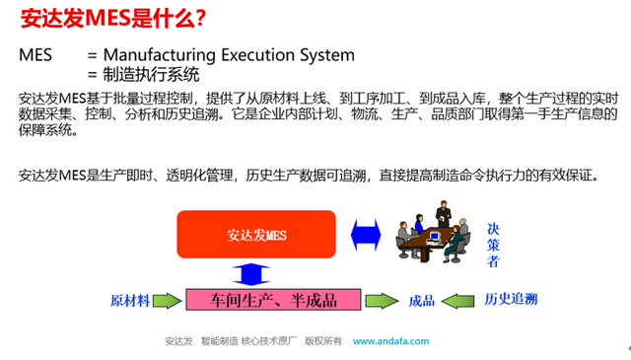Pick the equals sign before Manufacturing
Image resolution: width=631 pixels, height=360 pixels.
pyautogui.click(x=92, y=55)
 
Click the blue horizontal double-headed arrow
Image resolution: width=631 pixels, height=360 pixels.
pyautogui.click(x=365, y=235)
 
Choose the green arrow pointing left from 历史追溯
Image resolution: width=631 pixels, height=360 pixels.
pyautogui.click(x=459, y=300)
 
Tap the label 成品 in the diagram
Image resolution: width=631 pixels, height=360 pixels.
pyautogui.click(x=421, y=300)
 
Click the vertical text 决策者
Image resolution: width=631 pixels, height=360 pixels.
pyautogui.click(x=493, y=245)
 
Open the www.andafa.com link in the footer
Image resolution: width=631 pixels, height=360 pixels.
pyautogui.click(x=391, y=342)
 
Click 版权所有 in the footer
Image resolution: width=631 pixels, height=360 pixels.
pyautogui.click(x=321, y=342)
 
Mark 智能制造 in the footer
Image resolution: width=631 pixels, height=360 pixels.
pyautogui.click(x=218, y=342)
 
